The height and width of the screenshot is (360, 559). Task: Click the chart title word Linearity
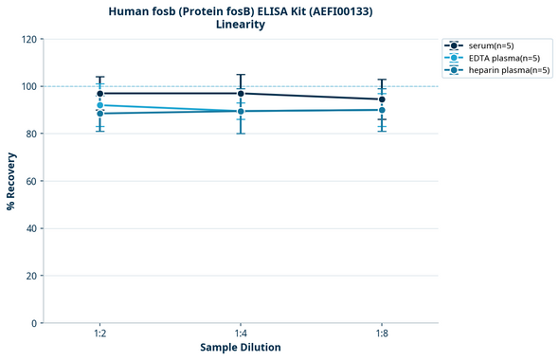241,25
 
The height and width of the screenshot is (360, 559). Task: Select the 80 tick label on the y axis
30,134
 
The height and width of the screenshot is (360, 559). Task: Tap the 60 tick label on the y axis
30,181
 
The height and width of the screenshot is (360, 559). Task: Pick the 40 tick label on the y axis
30,228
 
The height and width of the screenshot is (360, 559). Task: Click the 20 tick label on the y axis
30,276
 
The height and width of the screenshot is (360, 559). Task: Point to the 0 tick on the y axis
33,323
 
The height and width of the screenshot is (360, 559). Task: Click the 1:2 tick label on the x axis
99,334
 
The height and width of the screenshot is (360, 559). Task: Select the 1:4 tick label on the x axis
241,334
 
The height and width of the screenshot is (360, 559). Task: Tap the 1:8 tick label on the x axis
382,334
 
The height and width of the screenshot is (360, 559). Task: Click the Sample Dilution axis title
241,348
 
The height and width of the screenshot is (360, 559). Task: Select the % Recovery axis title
11,181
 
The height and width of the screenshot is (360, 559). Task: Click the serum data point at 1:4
241,93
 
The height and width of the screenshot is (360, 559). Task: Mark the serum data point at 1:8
382,99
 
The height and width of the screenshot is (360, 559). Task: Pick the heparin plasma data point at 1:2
99,114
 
